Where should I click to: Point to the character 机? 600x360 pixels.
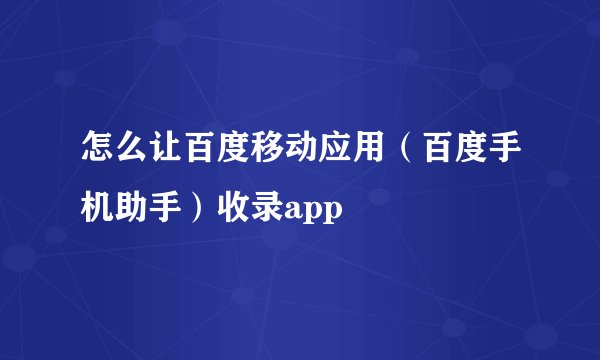97,207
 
